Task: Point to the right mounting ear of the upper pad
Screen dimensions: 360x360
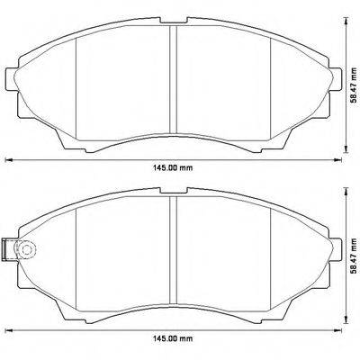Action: [335, 76]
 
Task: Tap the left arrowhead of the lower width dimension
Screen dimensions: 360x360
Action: [10, 332]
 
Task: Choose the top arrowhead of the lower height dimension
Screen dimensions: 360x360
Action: [346, 188]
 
